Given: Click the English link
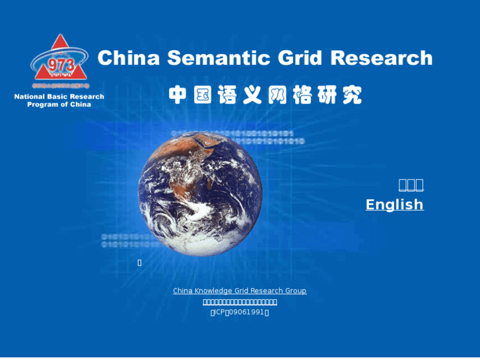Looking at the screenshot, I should click(x=394, y=205).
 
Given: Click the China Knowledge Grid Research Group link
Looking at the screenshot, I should click(x=240, y=291).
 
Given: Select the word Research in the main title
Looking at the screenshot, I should click(x=381, y=58).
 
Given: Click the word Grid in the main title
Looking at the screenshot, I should click(x=300, y=58).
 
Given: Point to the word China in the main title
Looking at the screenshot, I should click(x=129, y=58).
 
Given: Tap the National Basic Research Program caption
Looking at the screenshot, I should click(x=59, y=100).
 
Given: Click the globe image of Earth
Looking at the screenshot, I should click(x=199, y=192).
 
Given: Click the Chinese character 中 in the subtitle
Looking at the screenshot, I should click(x=178, y=95).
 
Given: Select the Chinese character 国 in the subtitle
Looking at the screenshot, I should click(x=203, y=95).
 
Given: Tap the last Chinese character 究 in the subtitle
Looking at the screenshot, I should click(x=352, y=95).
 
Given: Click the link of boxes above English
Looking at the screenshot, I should click(x=411, y=185).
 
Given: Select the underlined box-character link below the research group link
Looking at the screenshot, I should click(x=240, y=302).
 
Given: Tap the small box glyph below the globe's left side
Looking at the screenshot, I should click(x=139, y=263).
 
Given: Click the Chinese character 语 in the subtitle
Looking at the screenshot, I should click(x=228, y=95).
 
